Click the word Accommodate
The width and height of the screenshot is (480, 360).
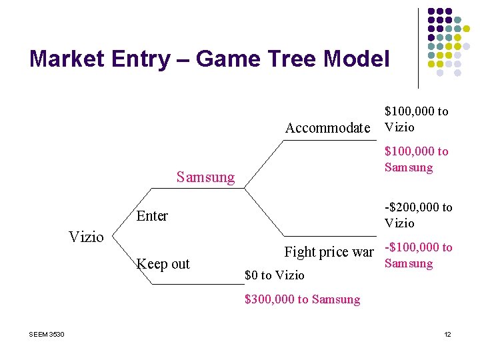pos(327,128)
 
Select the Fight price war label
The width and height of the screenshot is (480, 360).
pos(329,252)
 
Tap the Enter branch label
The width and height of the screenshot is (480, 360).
pos(152,216)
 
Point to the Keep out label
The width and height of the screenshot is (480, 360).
pos(163,264)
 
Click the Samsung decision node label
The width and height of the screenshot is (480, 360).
pos(205,177)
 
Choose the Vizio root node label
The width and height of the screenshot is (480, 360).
pos(86,237)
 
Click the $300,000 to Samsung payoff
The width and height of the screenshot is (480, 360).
pos(302,299)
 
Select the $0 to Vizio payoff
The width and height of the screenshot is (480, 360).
pos(275,275)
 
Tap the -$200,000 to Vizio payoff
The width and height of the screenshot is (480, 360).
pos(418,215)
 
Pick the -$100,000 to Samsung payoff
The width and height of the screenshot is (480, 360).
pos(418,255)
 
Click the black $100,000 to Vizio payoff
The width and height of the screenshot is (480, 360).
pos(416,119)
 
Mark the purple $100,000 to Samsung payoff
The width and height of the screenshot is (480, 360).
pos(416,159)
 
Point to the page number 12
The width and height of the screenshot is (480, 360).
pos(447,334)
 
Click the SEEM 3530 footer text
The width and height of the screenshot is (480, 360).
pos(47,334)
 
